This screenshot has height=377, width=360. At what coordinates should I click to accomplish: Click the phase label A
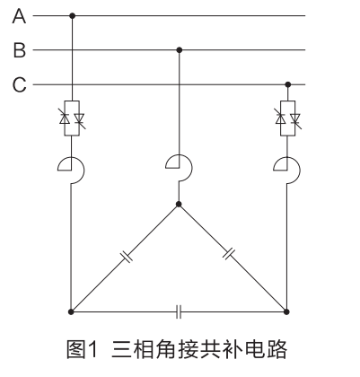(19, 16)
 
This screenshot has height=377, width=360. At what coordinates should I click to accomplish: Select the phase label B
(20, 50)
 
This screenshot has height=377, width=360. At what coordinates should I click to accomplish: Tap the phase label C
(20, 84)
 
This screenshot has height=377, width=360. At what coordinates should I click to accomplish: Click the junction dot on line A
(72, 15)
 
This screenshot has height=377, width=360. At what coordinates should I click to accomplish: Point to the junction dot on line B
(180, 50)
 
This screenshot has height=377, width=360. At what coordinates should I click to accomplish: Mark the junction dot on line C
(288, 84)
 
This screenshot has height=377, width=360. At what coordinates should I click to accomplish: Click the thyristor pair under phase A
(72, 118)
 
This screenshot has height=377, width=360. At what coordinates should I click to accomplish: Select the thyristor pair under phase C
(288, 118)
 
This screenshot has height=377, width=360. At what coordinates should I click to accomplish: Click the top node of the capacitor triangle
(179, 205)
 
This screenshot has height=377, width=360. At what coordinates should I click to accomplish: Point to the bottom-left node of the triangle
(71, 311)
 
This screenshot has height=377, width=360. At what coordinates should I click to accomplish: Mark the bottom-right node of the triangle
(286, 311)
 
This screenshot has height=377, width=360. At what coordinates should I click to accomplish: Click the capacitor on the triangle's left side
(127, 257)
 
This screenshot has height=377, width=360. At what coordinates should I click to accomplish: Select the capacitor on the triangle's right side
(229, 254)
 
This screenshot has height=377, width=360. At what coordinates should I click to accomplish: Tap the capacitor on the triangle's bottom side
(179, 311)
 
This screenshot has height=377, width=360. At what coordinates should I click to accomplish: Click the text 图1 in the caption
(82, 349)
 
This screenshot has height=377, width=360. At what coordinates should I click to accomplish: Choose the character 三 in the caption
(122, 349)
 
